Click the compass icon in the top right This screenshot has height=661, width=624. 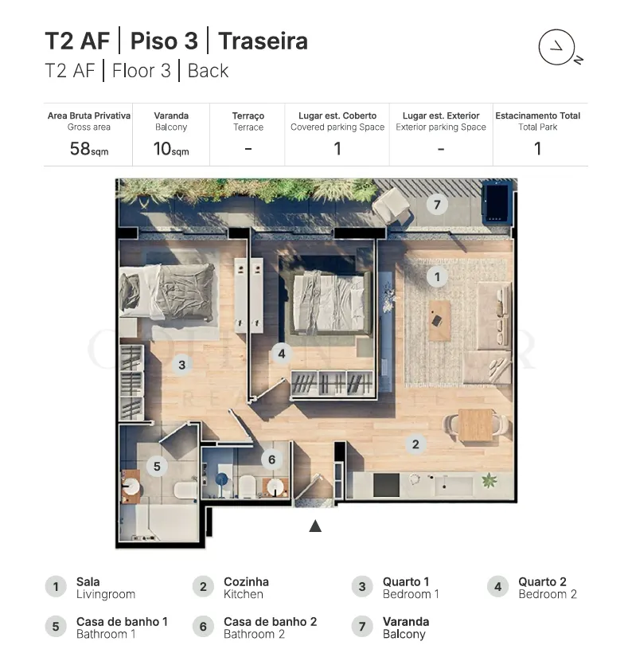556,47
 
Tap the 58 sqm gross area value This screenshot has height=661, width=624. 89,149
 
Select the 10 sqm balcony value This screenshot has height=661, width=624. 171,149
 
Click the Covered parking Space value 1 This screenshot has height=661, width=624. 337,149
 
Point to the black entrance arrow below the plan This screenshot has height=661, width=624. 315,526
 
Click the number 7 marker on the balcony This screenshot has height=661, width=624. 437,205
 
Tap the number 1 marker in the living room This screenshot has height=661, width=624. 437,277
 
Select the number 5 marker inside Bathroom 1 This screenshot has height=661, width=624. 157,466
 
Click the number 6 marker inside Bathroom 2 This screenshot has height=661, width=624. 271,460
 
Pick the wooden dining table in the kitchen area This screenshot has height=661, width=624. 476,425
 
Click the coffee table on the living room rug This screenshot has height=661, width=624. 439,320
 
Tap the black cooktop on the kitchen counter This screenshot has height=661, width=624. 386,485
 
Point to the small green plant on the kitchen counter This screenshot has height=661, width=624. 489,480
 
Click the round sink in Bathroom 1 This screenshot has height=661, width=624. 131,487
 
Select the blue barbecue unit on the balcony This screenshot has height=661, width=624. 498,201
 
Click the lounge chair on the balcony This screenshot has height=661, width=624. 391,206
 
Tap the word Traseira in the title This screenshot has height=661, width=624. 263,41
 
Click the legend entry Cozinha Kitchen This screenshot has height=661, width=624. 246,588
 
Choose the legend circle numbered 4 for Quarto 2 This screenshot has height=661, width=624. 497,586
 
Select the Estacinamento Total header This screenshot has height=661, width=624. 537,116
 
